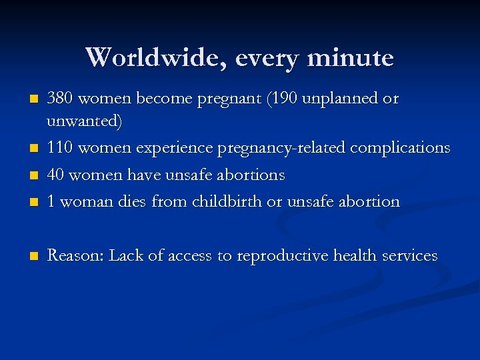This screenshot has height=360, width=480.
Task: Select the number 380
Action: coord(61,99)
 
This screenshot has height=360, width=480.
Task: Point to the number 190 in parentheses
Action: coord(287,99)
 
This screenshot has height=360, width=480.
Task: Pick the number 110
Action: coord(60,148)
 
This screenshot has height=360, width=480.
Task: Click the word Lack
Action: coord(125,255)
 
